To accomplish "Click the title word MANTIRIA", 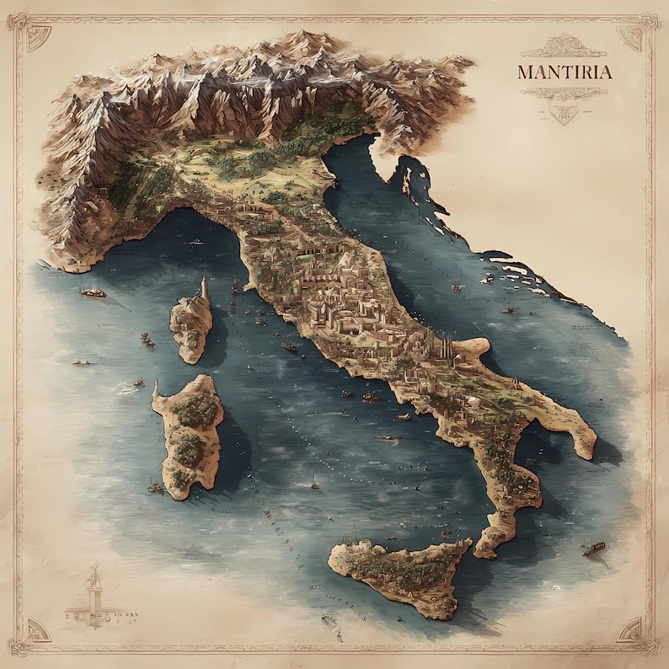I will click(565, 72).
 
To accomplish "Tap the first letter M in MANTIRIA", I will click(526, 72).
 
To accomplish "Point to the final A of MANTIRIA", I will click(604, 72).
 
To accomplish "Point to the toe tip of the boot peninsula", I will click(484, 552).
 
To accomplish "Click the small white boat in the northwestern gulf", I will click(196, 242).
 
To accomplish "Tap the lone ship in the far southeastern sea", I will click(594, 548).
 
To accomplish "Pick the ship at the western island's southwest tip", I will click(157, 486).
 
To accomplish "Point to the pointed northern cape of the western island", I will click(157, 386).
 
